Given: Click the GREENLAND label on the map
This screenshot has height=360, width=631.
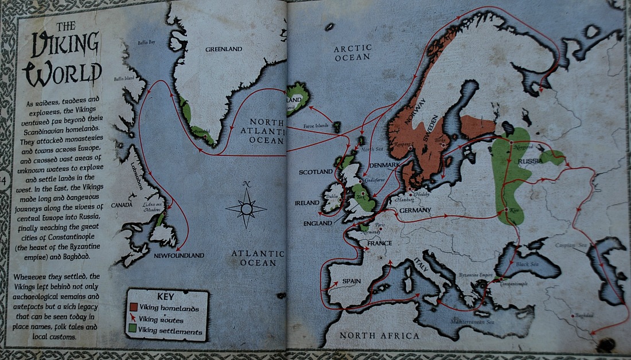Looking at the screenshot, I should pyautogui.click(x=224, y=49).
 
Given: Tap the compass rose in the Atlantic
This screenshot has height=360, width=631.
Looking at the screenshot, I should pyautogui.click(x=247, y=208).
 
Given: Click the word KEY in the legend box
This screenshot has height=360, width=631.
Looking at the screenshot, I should pyautogui.click(x=165, y=297).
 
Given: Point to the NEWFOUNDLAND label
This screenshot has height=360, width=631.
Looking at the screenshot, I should pyautogui.click(x=178, y=256).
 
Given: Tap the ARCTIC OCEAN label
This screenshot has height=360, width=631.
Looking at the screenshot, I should pyautogui.click(x=352, y=53).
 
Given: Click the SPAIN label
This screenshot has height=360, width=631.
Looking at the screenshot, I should pyautogui.click(x=351, y=281).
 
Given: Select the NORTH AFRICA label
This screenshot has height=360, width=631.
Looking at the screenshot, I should pyautogui.click(x=379, y=335).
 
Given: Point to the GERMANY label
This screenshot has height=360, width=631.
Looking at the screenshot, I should pyautogui.click(x=411, y=210).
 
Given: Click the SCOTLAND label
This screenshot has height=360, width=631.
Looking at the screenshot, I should pyautogui.click(x=315, y=172).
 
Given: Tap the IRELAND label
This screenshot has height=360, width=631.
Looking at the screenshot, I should pyautogui.click(x=307, y=203).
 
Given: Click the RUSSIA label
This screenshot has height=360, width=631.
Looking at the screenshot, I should pyautogui.click(x=530, y=162).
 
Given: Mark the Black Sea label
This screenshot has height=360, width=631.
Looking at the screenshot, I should pyautogui.click(x=527, y=265).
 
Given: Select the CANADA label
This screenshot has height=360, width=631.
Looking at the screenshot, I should pyautogui.click(x=122, y=205).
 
